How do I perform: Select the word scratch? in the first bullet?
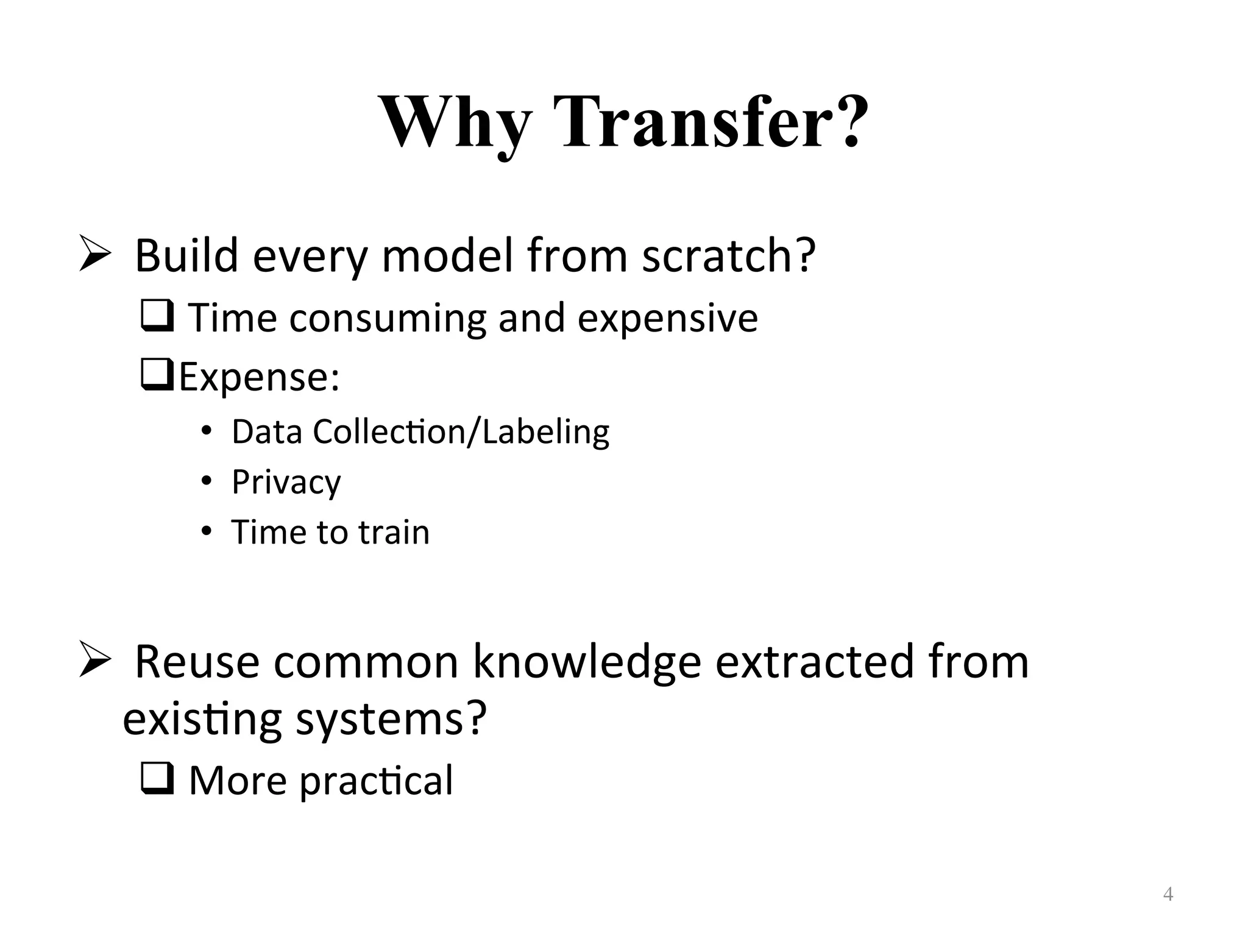click(x=729, y=256)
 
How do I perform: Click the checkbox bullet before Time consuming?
click(x=157, y=316)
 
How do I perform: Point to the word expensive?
click(x=667, y=318)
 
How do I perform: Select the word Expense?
click(x=260, y=377)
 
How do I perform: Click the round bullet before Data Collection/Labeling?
click(x=207, y=431)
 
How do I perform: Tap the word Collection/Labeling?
click(x=461, y=432)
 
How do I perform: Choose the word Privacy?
click(x=286, y=483)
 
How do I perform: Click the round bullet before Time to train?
click(x=207, y=532)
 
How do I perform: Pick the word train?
click(x=394, y=532)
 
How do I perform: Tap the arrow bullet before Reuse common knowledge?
click(x=95, y=662)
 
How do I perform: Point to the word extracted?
click(x=814, y=662)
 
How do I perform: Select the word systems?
click(x=391, y=719)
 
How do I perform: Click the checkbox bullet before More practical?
click(x=157, y=778)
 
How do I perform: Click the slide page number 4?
click(x=1168, y=895)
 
